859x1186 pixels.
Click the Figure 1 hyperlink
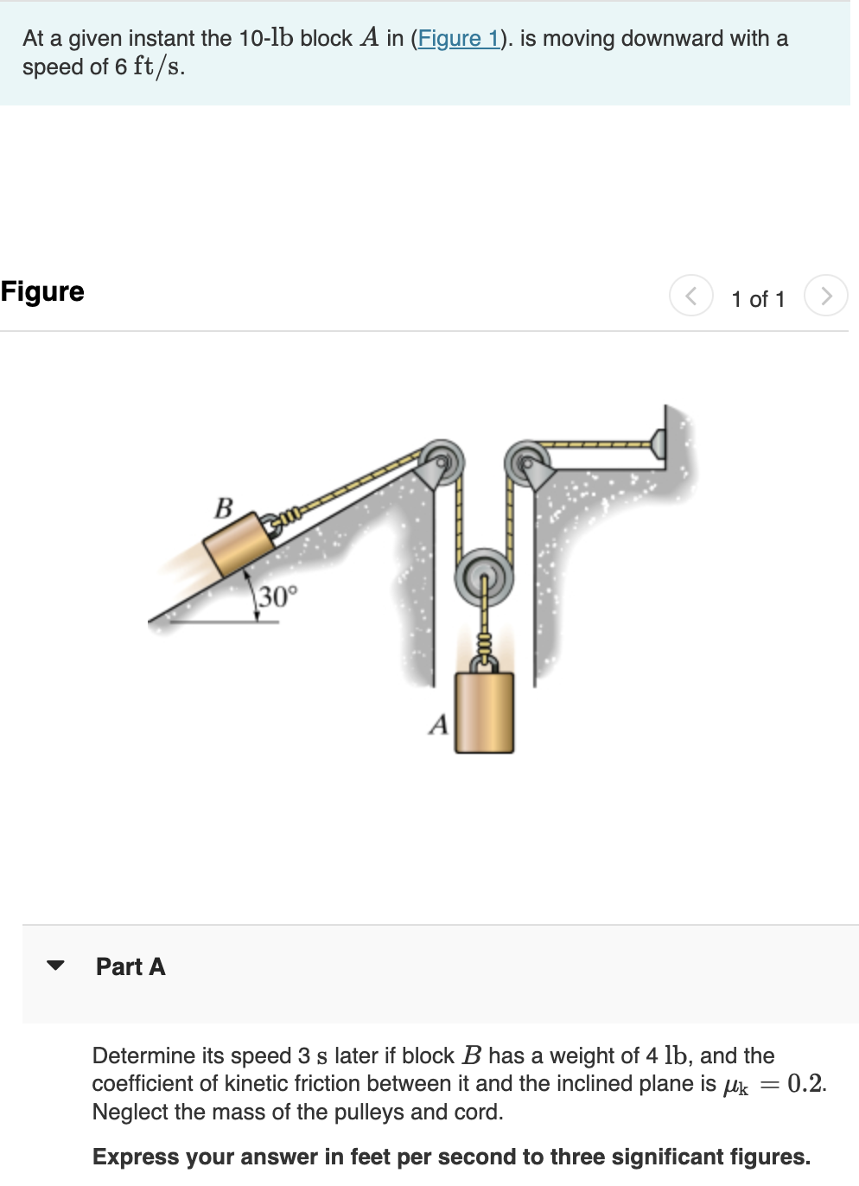[x=458, y=39]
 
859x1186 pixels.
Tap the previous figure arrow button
[x=690, y=296]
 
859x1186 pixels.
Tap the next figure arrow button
[x=825, y=296]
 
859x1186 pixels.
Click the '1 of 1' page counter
[x=758, y=299]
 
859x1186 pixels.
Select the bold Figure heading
[x=42, y=291]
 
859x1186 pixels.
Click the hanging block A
[x=484, y=712]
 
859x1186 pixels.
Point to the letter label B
[x=224, y=507]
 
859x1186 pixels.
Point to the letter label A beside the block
[x=439, y=724]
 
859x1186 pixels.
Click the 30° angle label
[x=277, y=596]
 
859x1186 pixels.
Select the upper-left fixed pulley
[x=442, y=461]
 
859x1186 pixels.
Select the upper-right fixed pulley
[x=525, y=462]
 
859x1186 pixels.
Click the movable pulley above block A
[x=484, y=574]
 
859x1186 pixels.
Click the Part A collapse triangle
[x=56, y=966]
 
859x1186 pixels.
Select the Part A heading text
[x=130, y=966]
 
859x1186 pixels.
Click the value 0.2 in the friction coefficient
[x=805, y=1083]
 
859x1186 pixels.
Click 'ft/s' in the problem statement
[x=157, y=67]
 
